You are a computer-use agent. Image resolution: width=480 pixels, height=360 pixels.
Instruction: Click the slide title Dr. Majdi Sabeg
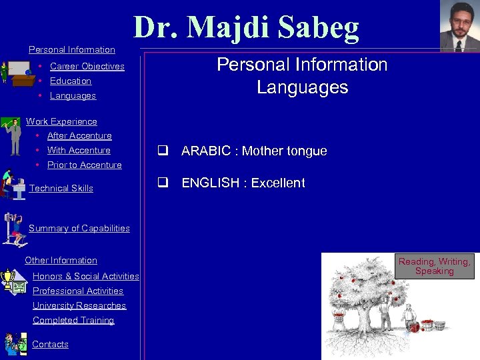246,27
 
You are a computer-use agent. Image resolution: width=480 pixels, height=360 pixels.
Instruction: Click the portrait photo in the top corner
459,26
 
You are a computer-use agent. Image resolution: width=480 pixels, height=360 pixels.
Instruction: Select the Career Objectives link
87,66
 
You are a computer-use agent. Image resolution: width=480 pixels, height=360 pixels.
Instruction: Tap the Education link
70,81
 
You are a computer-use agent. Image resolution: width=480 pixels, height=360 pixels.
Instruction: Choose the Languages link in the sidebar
73,95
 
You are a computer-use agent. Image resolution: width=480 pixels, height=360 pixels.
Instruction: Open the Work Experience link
61,121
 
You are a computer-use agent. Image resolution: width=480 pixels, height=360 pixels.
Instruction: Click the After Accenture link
79,135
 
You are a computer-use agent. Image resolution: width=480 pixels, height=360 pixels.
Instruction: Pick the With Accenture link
79,150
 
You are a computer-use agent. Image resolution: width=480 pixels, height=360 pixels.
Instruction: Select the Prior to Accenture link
84,165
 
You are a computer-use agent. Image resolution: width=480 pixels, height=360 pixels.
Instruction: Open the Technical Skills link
61,188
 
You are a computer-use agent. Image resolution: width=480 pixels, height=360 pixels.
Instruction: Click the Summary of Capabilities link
79,228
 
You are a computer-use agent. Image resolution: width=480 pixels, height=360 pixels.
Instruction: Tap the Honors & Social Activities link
85,276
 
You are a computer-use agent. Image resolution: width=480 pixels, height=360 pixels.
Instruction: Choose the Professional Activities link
78,291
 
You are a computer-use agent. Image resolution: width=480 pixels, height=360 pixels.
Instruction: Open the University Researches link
79,305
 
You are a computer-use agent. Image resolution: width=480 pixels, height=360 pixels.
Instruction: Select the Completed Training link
73,320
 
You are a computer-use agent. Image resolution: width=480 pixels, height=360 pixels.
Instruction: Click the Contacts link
50,344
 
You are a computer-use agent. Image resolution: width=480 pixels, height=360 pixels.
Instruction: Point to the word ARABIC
205,151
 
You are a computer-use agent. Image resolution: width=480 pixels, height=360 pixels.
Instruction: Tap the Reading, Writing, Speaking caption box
434,266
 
